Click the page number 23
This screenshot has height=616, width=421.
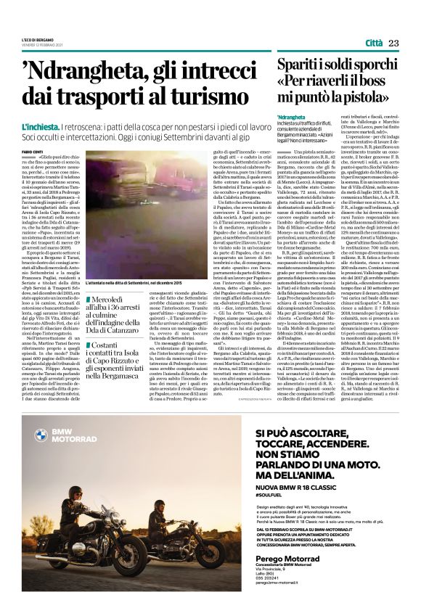point(394,44)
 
